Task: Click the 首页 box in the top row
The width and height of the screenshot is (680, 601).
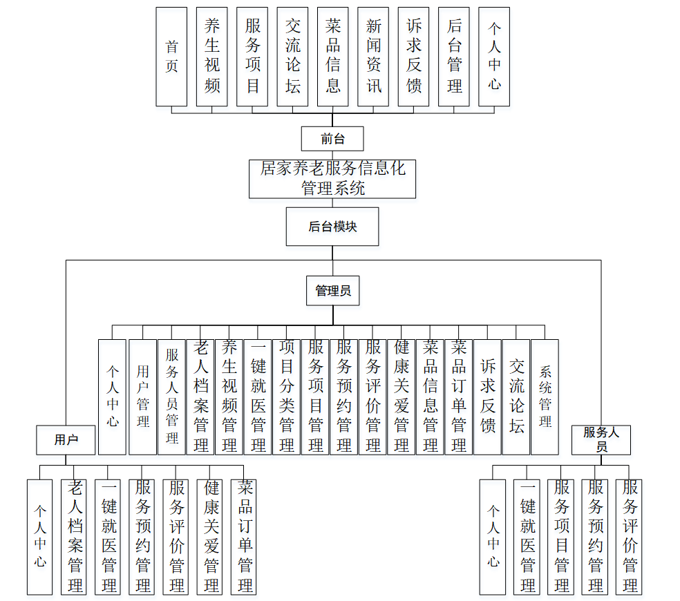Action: pos(171,57)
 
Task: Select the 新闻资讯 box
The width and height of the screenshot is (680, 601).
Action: pos(373,57)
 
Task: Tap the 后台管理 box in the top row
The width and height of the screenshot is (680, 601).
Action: pos(454,57)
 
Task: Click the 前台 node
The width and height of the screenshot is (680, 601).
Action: pos(332,138)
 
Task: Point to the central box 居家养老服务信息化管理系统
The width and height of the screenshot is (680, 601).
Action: pos(332,178)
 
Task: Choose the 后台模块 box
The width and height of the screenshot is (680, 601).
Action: pos(332,227)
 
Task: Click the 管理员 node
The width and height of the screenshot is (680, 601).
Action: pos(332,291)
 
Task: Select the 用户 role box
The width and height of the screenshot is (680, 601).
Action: pos(66,440)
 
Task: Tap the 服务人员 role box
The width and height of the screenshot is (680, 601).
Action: pos(601,440)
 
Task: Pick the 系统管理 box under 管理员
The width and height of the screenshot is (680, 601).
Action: pos(545,397)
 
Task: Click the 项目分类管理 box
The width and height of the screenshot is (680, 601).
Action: pos(287,397)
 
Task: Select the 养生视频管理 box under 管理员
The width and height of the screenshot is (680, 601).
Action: pos(229,397)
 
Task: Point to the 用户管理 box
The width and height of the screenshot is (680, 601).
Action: pos(142,397)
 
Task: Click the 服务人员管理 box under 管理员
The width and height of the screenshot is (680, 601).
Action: pos(171,397)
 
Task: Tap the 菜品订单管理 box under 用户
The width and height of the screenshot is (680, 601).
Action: pos(245,537)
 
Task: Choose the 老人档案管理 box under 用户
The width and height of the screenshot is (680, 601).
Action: pos(75,537)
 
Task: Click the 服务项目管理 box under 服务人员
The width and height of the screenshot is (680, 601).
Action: pos(561,537)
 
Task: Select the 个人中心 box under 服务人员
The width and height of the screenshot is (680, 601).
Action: pos(493,537)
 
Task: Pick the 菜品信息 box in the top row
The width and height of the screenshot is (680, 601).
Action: pos(333,57)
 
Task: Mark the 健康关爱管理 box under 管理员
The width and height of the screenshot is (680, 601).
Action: pos(402,397)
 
